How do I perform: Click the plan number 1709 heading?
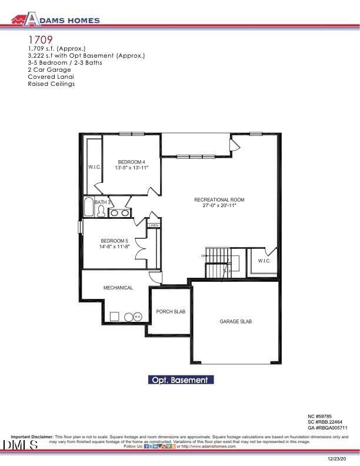click(39, 39)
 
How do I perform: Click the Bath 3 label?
click(103, 202)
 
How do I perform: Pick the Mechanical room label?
click(118, 288)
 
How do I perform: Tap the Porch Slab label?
click(171, 311)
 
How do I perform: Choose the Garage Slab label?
click(236, 321)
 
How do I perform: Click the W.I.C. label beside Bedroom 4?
click(95, 167)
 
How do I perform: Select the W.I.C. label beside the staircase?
click(264, 261)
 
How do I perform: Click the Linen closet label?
click(154, 225)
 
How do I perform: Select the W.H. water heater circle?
click(137, 317)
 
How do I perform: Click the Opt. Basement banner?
click(180, 380)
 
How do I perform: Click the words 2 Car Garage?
click(49, 69)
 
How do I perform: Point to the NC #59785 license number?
click(324, 416)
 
